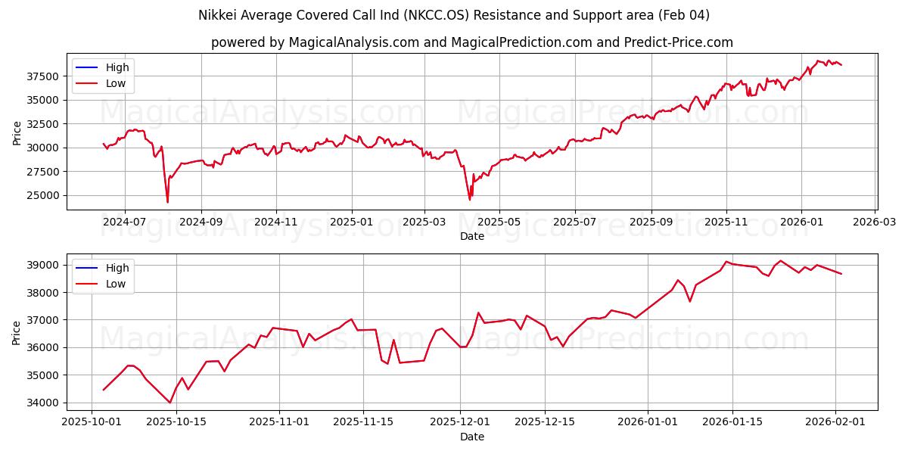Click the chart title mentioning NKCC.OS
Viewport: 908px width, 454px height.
453,15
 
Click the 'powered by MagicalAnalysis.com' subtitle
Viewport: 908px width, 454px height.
471,42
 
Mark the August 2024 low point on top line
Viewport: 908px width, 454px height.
167,202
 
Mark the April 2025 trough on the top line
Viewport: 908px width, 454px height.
470,200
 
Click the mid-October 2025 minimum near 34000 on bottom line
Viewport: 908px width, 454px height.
169,403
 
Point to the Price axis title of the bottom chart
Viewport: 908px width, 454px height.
17,332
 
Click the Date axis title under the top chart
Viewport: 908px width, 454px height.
471,237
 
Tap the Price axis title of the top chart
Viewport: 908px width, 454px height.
17,132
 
